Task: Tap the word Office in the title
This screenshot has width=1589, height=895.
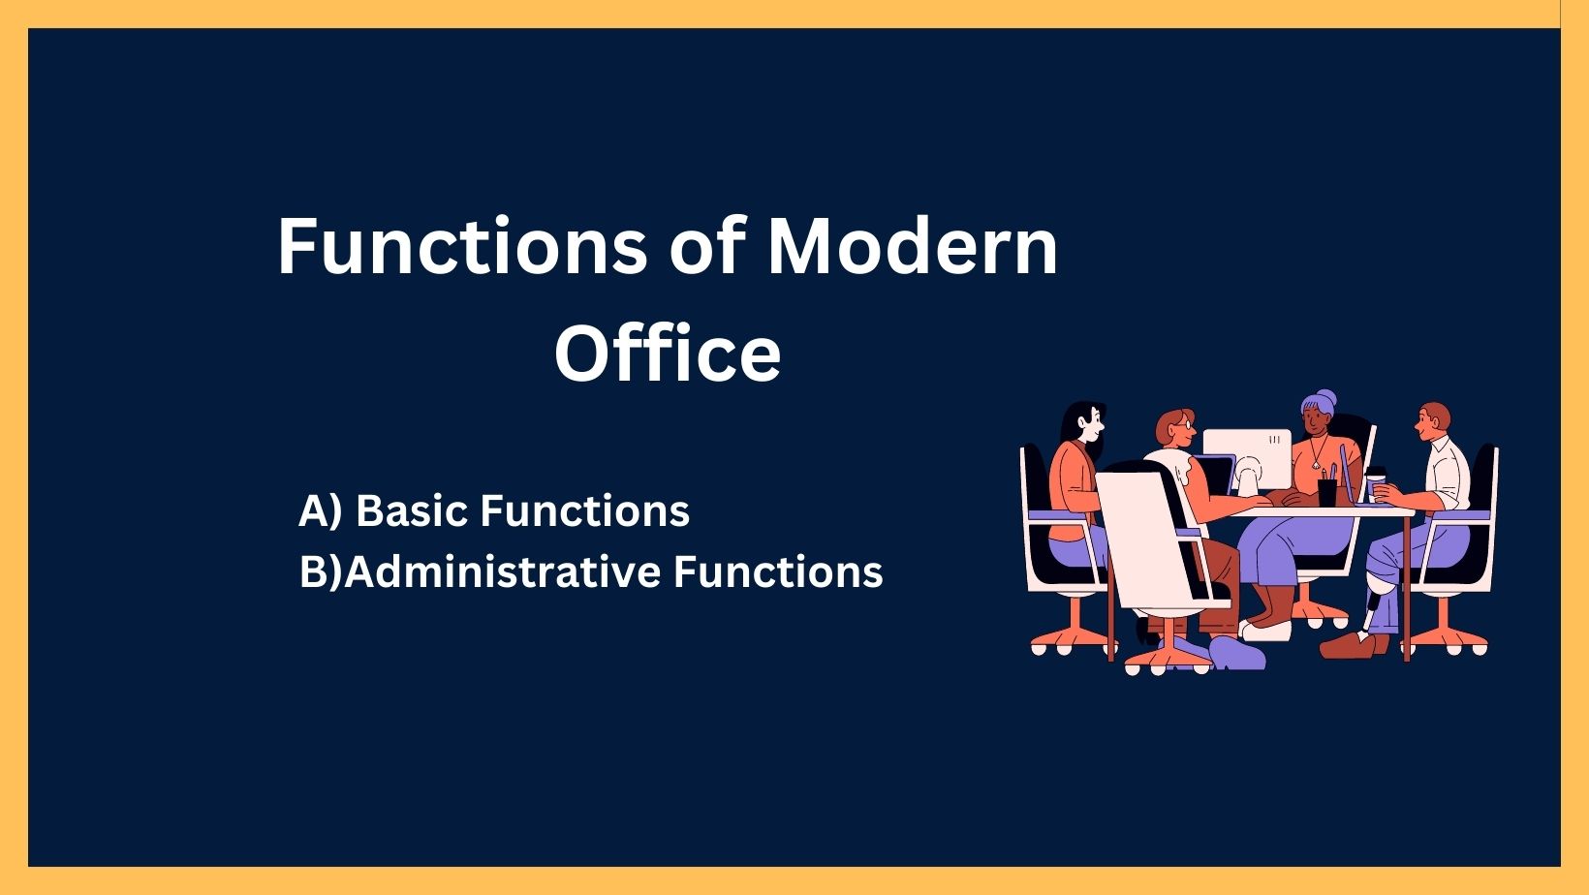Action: (668, 353)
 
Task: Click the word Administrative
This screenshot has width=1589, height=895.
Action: (502, 571)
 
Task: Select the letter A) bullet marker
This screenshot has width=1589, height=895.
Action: (321, 510)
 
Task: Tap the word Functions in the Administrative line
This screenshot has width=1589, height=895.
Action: (778, 571)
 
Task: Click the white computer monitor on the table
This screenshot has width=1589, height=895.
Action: (1247, 452)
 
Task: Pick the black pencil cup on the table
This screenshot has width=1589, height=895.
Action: (1326, 491)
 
